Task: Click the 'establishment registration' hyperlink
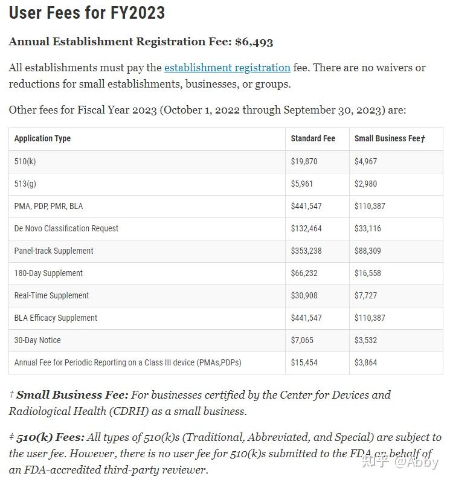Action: (227, 68)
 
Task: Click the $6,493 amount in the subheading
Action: (254, 42)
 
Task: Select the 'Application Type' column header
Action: (42, 138)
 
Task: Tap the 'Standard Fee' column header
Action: (312, 138)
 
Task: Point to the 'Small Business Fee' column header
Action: (390, 138)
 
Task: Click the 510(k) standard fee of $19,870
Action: (304, 161)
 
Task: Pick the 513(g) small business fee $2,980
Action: (367, 184)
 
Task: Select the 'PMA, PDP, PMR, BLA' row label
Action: (48, 206)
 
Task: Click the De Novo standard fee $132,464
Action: (306, 228)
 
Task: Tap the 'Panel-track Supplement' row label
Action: (54, 251)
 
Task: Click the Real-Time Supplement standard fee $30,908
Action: (304, 295)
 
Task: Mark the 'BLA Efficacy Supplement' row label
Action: (56, 318)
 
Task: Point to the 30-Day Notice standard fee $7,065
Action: (302, 340)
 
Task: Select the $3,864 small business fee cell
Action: (367, 362)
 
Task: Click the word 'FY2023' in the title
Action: (138, 13)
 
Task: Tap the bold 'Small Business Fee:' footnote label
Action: (72, 395)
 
